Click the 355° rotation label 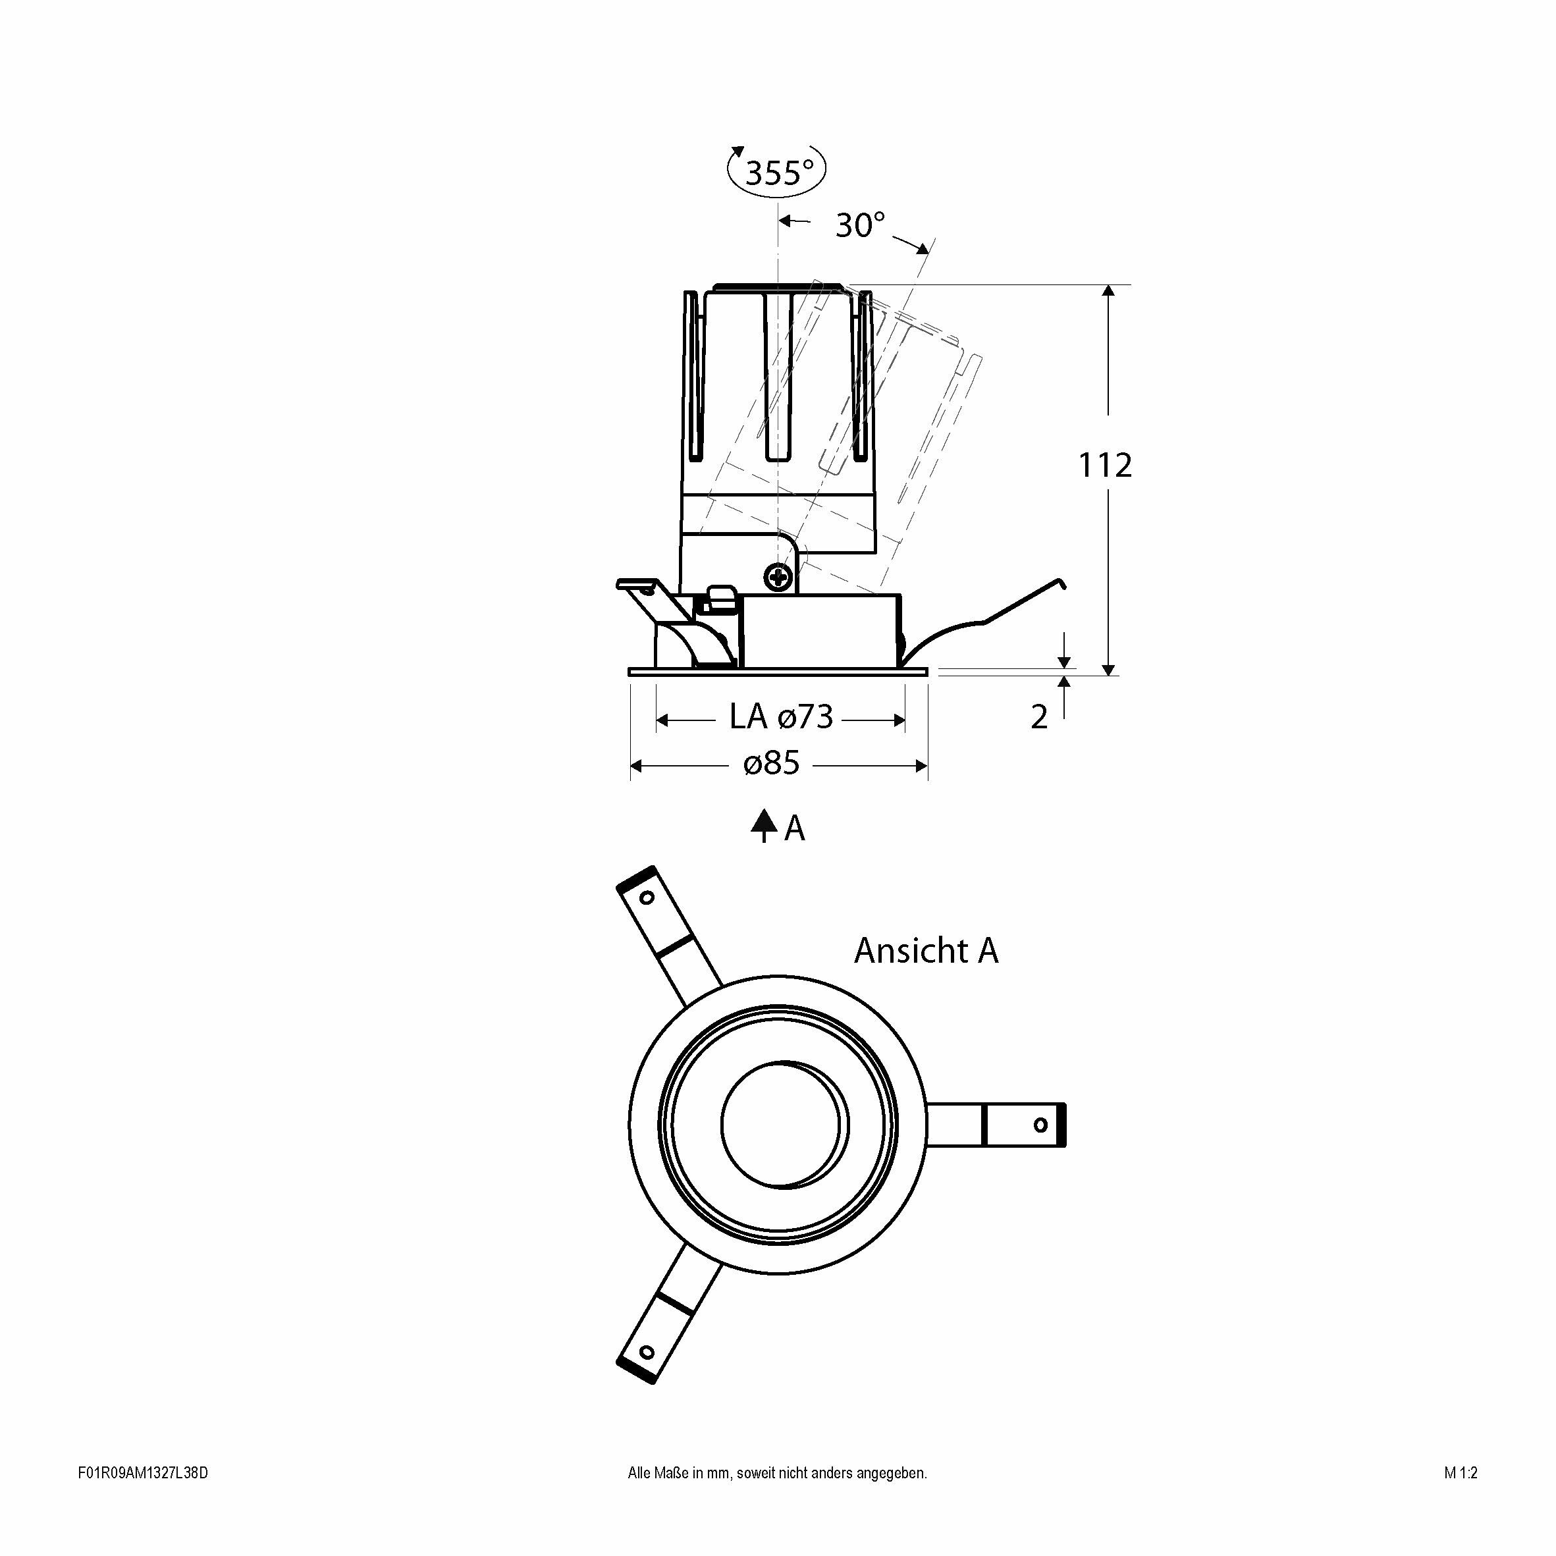click(779, 173)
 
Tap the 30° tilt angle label click(860, 225)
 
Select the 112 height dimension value click(1105, 466)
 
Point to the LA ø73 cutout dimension click(781, 717)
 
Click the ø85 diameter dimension click(772, 763)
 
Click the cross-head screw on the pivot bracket click(779, 577)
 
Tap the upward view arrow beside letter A click(763, 826)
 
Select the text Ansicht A click(926, 951)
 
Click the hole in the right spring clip click(1040, 1124)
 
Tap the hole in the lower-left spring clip click(646, 1351)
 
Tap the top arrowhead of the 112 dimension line click(1108, 292)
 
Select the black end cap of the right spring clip click(1061, 1124)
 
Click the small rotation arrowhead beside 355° click(736, 152)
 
